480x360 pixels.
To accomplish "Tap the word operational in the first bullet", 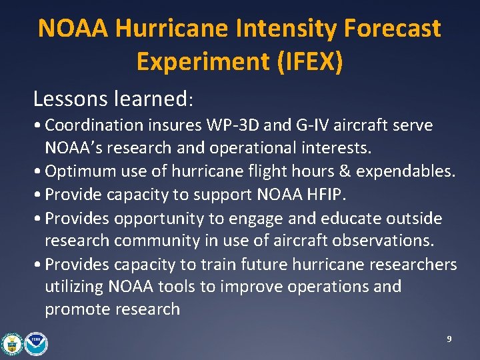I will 241,147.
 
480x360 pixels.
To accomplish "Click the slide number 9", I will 449,339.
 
